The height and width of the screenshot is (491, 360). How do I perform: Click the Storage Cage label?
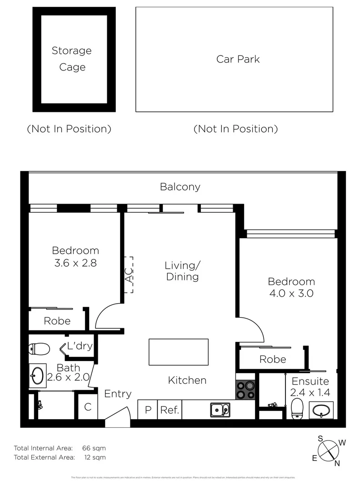(71, 59)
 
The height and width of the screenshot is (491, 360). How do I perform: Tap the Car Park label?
(238, 59)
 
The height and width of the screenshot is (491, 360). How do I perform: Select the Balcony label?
(180, 186)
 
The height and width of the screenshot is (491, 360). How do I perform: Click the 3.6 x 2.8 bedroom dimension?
(75, 262)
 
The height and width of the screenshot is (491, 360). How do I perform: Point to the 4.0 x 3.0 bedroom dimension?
(291, 293)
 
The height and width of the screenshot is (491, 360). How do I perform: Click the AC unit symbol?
(129, 275)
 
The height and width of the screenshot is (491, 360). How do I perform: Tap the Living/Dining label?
(182, 271)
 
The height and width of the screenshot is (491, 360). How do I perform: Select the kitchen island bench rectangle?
(178, 352)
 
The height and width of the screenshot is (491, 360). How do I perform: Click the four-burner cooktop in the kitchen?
(245, 390)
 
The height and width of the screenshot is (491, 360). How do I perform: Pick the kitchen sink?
(220, 410)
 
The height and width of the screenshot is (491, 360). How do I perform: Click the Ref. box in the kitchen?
(170, 410)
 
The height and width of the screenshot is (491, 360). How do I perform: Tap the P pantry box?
(148, 410)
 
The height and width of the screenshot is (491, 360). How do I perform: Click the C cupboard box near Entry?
(88, 407)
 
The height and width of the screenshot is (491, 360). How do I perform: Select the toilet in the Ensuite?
(297, 409)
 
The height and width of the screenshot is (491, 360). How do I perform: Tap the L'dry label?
(80, 346)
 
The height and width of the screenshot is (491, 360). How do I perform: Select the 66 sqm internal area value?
(94, 448)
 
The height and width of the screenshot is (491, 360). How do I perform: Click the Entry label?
(118, 394)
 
